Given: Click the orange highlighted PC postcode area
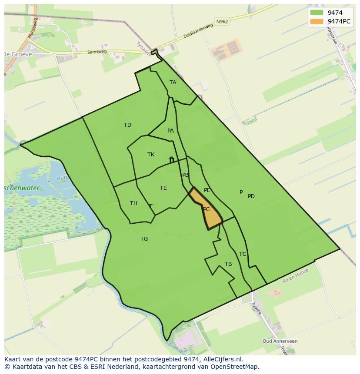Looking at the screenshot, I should tap(206, 209).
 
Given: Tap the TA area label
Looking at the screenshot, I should tap(173, 83).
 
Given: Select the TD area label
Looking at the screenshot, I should tap(127, 125).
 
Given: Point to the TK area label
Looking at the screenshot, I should tap(151, 155).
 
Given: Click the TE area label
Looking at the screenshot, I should tap(163, 188).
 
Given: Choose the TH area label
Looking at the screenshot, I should tap(133, 203).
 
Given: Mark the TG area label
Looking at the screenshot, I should tap(144, 239).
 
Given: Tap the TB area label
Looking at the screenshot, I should tap(228, 264).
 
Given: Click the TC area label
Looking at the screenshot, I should tap(243, 254).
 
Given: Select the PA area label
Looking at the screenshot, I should tap(170, 131).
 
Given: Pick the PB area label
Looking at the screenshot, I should tap(186, 175).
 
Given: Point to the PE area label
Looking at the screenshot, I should tap(207, 190).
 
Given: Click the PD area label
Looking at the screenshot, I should tap(251, 196).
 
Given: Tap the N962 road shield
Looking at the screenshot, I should tap(222, 21).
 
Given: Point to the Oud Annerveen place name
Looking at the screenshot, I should tap(280, 341).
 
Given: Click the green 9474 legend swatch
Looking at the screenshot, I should tap(317, 13).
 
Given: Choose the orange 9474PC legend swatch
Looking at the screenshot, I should tap(317, 21).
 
